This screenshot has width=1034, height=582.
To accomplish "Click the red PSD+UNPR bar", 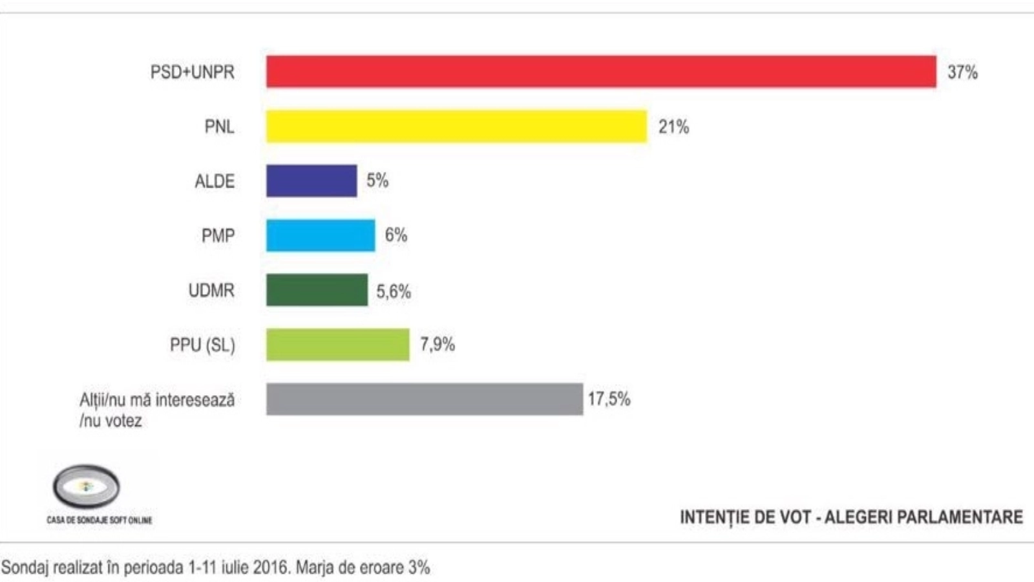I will (601, 72).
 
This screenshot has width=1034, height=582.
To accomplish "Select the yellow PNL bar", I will (456, 126).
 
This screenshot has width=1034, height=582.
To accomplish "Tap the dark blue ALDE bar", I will (311, 180).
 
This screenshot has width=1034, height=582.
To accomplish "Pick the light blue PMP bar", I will (321, 235).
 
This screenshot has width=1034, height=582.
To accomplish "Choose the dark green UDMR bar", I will (317, 290).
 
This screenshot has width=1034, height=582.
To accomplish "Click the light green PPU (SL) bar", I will (338, 345).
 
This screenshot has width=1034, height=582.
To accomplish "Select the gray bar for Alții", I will (425, 399).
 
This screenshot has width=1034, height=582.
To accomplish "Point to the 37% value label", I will (962, 72).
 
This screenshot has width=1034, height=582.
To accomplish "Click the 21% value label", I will (673, 127).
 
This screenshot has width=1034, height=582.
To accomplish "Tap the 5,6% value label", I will (394, 292).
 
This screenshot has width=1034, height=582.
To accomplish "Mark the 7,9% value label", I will (438, 344).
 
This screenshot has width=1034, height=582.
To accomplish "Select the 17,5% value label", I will (609, 399).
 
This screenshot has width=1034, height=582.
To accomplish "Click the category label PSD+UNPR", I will (193, 72).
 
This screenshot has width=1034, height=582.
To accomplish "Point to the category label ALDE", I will (215, 181).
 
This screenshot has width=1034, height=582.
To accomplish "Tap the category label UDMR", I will (211, 290).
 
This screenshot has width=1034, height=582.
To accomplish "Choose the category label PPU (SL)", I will (202, 345).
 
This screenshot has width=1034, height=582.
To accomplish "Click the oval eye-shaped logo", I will (86, 486).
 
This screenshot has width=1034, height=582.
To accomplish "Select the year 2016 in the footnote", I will (270, 568).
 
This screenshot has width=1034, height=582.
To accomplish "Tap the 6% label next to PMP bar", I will (396, 235).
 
